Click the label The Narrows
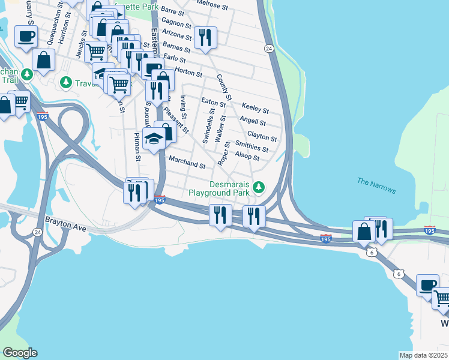point(376,185)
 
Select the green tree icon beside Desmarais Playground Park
point(259,188)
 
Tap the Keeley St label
point(255,109)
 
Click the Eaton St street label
point(213,103)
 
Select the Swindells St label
point(208,128)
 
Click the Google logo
point(19,352)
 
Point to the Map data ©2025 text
point(423,355)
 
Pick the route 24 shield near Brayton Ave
point(37,232)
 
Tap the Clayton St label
point(262,137)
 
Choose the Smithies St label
point(252,147)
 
